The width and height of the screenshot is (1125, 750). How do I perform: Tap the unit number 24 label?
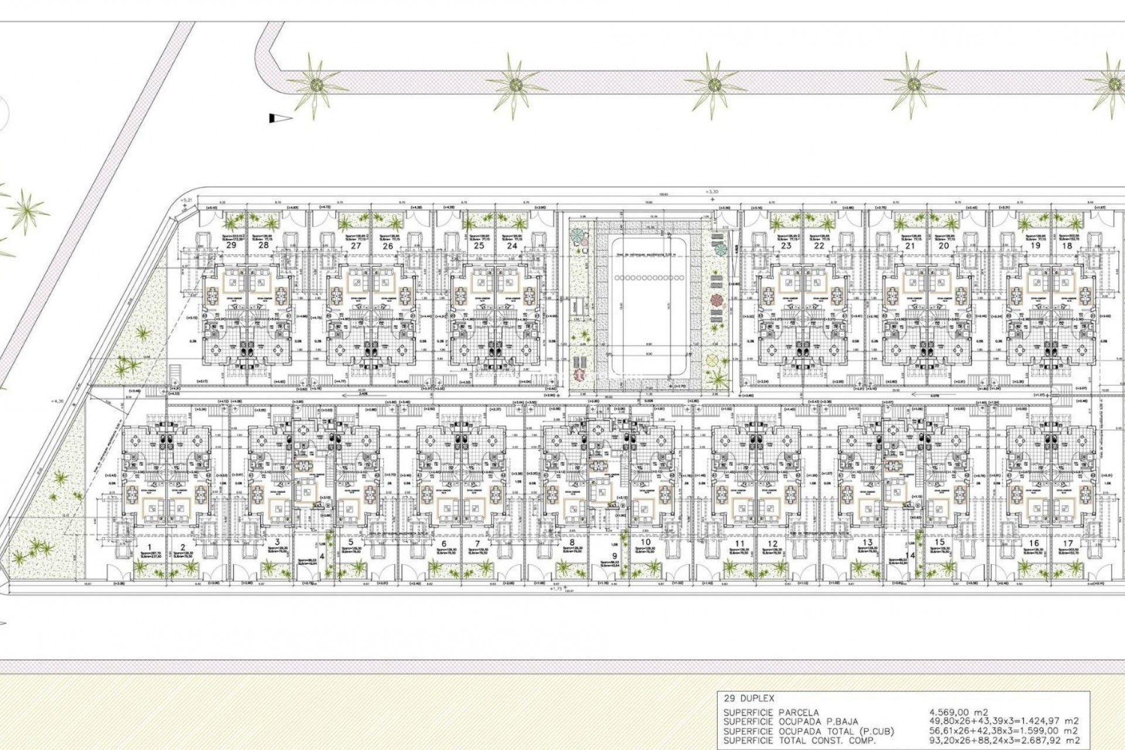pos(512,246)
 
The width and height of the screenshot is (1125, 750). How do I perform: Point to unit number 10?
pos(645,543)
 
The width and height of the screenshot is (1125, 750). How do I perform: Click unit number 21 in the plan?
pos(910,246)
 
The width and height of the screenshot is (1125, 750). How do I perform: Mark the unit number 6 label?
pos(444,543)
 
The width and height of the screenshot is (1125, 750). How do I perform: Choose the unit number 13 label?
pos(868,543)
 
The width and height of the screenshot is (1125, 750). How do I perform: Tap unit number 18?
pos(1067,246)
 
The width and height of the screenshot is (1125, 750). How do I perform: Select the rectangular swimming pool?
pos(647,316)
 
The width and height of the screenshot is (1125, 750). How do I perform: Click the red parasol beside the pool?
pos(716,301)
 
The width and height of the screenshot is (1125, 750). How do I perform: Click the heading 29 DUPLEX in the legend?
pos(749,698)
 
